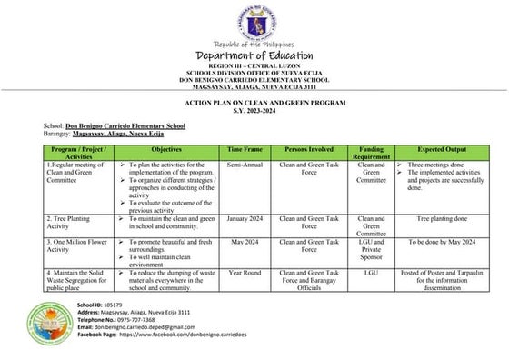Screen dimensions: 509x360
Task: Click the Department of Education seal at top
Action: tap(254, 22)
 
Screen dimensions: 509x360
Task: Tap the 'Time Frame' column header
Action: tap(245, 146)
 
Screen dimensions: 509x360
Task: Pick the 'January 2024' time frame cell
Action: tap(245, 219)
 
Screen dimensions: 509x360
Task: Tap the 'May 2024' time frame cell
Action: tap(245, 244)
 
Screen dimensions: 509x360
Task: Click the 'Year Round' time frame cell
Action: tap(245, 272)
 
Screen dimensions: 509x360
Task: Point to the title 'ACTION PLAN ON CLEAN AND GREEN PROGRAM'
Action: tap(254, 102)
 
